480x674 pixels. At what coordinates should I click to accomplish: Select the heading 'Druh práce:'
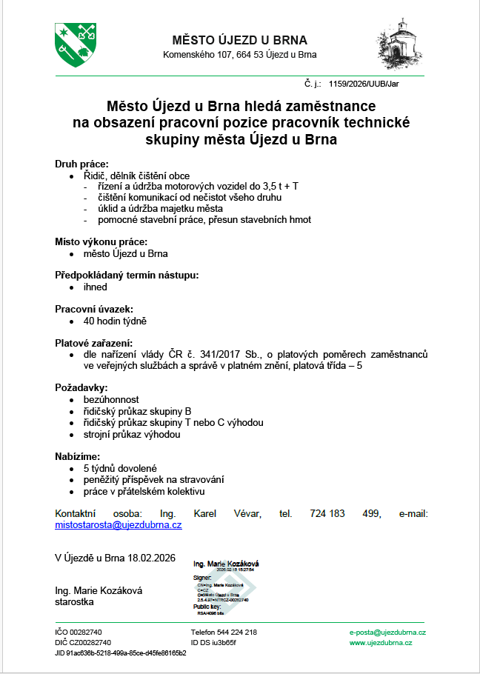click(x=82, y=164)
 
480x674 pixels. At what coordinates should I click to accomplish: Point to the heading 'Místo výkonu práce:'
click(x=101, y=241)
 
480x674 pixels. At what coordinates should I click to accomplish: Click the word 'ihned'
click(x=96, y=287)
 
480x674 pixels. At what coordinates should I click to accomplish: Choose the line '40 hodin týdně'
click(x=115, y=321)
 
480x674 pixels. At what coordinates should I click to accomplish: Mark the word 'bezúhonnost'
click(x=111, y=399)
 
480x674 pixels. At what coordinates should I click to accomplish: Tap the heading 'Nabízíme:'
click(x=78, y=456)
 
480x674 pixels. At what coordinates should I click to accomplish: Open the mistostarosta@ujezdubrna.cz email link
click(x=119, y=524)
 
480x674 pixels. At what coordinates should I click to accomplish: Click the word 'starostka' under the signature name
click(x=75, y=601)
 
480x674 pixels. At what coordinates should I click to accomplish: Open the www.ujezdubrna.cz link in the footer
click(x=381, y=643)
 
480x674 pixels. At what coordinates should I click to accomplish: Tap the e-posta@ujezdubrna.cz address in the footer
click(x=387, y=633)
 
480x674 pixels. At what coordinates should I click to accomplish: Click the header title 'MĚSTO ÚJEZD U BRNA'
click(x=239, y=40)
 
